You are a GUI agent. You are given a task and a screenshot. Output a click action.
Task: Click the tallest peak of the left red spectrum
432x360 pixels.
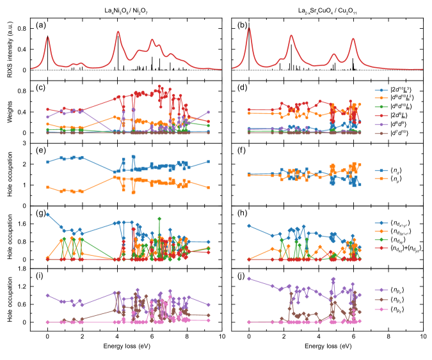118,31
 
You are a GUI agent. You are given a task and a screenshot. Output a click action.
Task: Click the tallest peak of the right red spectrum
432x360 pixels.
249,28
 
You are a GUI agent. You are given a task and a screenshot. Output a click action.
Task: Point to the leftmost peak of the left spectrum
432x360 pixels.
47,37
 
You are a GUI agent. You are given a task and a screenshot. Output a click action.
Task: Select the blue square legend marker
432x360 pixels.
381,171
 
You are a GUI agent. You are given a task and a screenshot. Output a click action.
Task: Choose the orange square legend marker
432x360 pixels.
381,178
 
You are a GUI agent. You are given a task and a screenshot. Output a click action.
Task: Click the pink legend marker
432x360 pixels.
381,309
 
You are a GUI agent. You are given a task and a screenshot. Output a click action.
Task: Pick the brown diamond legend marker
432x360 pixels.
381,299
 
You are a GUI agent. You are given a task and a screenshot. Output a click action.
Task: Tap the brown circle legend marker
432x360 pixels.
381,134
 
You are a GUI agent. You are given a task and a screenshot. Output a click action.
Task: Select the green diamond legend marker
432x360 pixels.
381,240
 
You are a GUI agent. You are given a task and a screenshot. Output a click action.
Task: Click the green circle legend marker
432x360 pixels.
381,107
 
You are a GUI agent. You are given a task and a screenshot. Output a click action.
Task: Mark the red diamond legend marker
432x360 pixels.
381,247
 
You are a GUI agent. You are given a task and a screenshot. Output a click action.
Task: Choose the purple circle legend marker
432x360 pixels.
381,125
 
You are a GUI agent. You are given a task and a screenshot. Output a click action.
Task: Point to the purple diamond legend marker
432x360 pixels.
381,290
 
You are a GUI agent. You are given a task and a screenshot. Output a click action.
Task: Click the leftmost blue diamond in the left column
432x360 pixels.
47,214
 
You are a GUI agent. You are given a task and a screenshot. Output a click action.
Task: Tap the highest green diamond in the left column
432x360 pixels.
159,218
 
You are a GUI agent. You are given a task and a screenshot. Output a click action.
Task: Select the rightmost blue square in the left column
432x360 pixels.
208,162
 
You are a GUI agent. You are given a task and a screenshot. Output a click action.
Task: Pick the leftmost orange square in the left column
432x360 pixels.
47,187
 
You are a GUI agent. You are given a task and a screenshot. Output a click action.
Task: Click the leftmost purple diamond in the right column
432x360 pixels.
248,278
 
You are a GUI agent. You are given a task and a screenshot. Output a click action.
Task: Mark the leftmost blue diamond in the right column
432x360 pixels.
248,225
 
